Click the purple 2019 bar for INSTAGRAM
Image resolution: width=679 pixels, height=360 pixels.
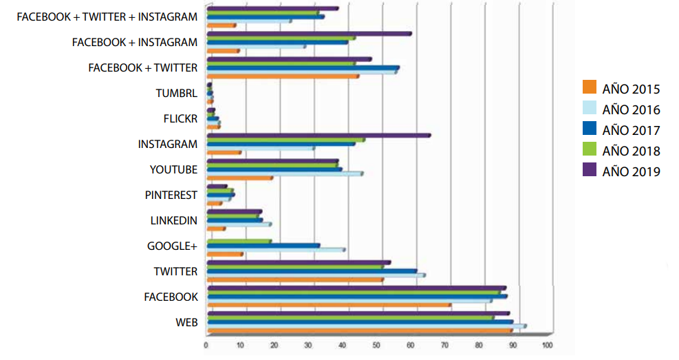[x=318, y=135]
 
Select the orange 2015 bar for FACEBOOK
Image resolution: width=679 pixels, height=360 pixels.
[x=328, y=304]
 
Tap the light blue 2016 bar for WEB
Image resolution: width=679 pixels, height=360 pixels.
[x=365, y=326]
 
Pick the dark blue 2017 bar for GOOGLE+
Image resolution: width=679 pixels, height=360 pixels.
[x=263, y=245]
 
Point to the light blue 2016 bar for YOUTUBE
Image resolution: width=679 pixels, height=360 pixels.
[x=284, y=173]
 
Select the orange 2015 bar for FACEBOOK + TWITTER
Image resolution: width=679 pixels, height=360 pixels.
[x=282, y=76]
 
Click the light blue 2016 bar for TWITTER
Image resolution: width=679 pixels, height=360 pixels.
[x=315, y=275]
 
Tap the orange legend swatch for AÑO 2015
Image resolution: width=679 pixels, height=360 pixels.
[x=589, y=88]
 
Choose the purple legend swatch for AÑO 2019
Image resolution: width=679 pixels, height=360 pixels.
[x=589, y=171]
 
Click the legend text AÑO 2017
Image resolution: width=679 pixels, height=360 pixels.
[x=631, y=130]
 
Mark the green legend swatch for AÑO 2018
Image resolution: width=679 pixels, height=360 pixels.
[x=589, y=150]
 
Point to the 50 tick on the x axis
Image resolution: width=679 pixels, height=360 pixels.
[x=376, y=344]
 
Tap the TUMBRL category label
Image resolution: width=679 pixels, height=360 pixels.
[x=176, y=93]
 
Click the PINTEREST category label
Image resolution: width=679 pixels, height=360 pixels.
[x=171, y=195]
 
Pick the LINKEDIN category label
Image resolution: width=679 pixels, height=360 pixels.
[x=173, y=220]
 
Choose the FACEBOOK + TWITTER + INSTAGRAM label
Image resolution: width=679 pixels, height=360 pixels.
[x=107, y=17]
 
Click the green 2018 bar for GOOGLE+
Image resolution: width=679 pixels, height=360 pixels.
[x=239, y=241]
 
